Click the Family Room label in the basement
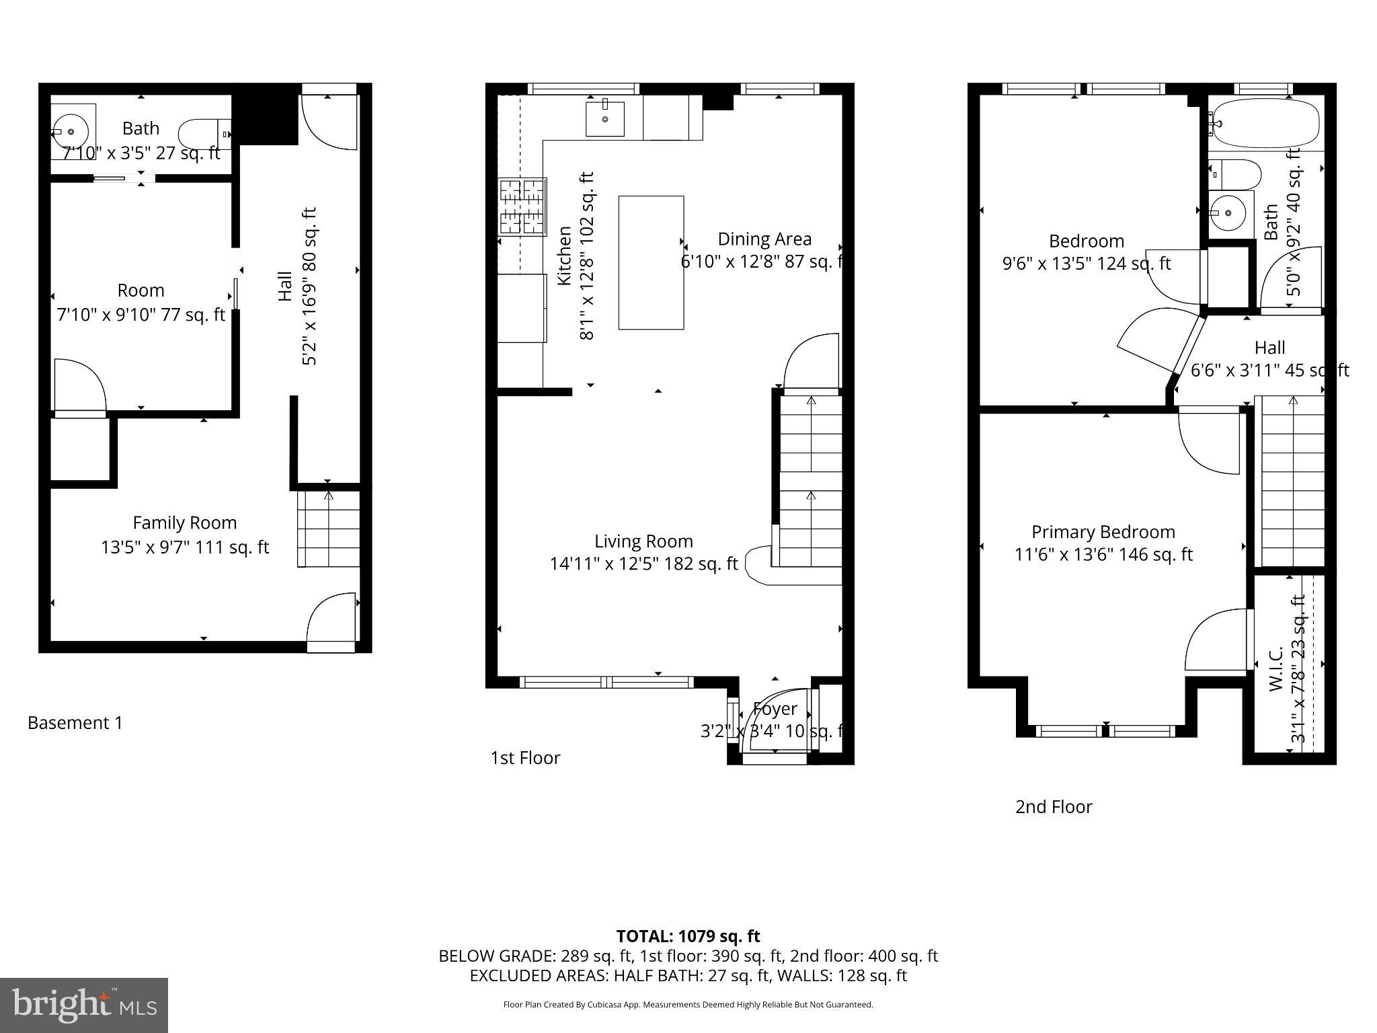[x=184, y=523]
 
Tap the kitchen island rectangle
[x=651, y=262]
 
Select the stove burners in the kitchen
[x=522, y=206]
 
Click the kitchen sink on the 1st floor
[x=604, y=119]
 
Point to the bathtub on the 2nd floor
[x=1264, y=123]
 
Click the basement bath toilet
[x=204, y=135]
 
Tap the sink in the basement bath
[x=71, y=132]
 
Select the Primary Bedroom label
[x=1103, y=532]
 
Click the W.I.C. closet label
[x=1277, y=669]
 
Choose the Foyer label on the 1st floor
[x=775, y=709]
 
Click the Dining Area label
[x=764, y=239]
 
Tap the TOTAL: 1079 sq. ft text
[x=688, y=936]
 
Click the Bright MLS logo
[x=84, y=1005]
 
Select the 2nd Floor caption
[x=1053, y=807]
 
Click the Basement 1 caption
[x=75, y=723]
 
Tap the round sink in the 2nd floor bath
[x=1229, y=213]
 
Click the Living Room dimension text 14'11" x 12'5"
[x=643, y=564]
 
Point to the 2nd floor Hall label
[x=1269, y=348]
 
